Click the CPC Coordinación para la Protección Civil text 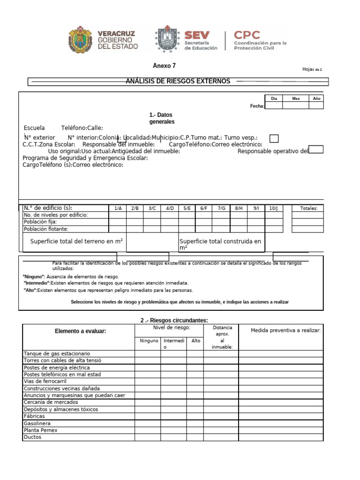[260, 40]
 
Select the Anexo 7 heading [164, 66]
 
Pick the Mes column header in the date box [296, 98]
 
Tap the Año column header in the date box [316, 98]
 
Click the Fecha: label [257, 106]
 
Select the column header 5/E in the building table [187, 208]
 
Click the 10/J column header [273, 208]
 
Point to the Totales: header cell [308, 208]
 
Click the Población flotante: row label [46, 229]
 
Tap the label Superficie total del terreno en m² [76, 241]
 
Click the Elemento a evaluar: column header [80, 331]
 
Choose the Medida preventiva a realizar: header [285, 330]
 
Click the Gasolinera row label [37, 423]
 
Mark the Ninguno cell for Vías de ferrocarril [148, 382]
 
